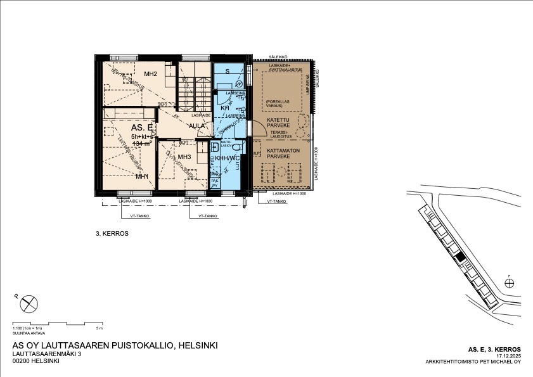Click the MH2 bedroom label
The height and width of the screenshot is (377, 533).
click(150, 74)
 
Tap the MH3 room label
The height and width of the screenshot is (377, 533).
click(184, 157)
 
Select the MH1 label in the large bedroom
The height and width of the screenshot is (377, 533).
click(142, 176)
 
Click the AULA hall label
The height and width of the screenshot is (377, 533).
click(197, 125)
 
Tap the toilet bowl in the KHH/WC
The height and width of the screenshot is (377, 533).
click(235, 146)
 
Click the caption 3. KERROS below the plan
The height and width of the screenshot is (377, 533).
click(112, 234)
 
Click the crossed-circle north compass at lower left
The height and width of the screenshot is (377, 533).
click(29, 305)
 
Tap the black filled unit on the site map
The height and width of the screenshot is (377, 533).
click(462, 256)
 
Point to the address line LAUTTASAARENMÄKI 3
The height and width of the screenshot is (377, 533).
click(48, 354)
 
